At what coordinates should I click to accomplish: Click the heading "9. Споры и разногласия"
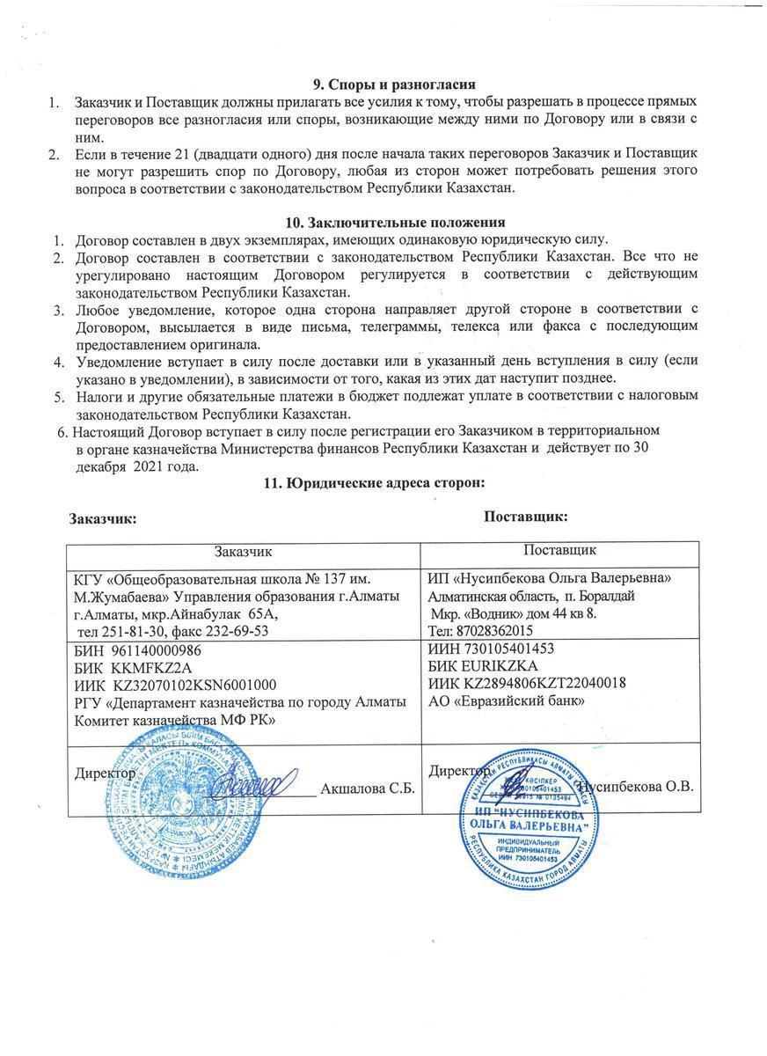tap(395, 84)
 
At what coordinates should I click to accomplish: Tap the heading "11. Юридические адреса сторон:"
tap(376, 483)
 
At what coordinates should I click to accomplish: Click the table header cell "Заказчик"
tap(244, 552)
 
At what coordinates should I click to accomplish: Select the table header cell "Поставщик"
tap(560, 550)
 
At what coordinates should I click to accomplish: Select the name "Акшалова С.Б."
tap(367, 787)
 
